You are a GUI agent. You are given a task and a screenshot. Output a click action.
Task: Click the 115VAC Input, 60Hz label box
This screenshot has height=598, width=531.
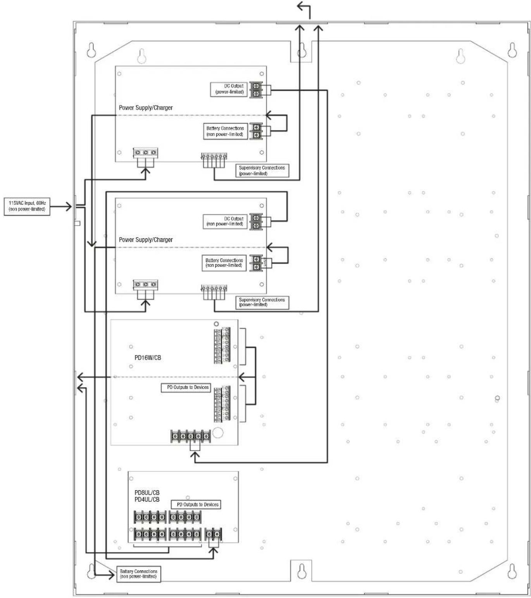point(27,206)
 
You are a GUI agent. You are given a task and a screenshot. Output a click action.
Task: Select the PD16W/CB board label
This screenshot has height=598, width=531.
point(148,357)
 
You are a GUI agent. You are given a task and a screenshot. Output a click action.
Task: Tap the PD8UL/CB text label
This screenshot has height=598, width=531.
point(147,493)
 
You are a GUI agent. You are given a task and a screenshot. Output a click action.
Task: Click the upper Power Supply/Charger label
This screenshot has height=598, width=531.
point(146,107)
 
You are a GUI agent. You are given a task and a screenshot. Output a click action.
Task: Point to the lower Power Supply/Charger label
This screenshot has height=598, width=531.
point(146,240)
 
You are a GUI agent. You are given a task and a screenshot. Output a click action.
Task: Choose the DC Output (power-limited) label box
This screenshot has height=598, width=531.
point(229,89)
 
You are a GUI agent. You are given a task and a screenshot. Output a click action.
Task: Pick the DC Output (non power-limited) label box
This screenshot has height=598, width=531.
point(225,221)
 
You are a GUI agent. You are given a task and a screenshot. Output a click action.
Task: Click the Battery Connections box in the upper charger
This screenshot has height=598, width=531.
point(225,131)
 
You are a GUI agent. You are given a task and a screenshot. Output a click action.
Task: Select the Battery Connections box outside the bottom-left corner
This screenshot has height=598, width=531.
point(139,574)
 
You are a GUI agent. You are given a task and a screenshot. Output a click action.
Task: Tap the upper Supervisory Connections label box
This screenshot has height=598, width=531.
point(262,171)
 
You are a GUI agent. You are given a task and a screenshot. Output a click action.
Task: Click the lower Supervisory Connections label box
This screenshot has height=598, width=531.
point(262,303)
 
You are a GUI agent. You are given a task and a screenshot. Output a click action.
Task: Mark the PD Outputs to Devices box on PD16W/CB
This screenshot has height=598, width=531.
point(186,388)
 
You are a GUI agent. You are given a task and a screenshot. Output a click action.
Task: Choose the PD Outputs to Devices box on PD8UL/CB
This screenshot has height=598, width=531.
point(196,505)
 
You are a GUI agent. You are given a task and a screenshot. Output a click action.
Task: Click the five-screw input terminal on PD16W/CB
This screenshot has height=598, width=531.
point(191,436)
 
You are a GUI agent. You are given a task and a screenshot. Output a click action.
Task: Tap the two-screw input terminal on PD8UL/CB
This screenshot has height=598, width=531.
point(214,534)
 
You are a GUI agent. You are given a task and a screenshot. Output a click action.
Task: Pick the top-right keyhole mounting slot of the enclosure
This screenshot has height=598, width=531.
point(512,50)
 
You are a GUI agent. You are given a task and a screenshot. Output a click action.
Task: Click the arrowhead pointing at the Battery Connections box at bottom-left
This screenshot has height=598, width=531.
point(111,574)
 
